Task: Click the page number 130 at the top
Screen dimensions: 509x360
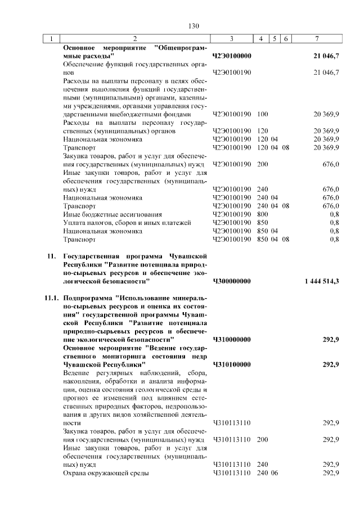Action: click(194, 26)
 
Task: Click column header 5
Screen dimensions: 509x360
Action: click(274, 39)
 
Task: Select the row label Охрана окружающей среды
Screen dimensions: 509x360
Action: click(106, 474)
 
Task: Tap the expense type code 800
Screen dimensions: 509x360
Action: click(262, 214)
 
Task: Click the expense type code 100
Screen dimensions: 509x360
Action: click(262, 114)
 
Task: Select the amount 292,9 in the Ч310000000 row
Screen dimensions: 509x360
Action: click(330, 340)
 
